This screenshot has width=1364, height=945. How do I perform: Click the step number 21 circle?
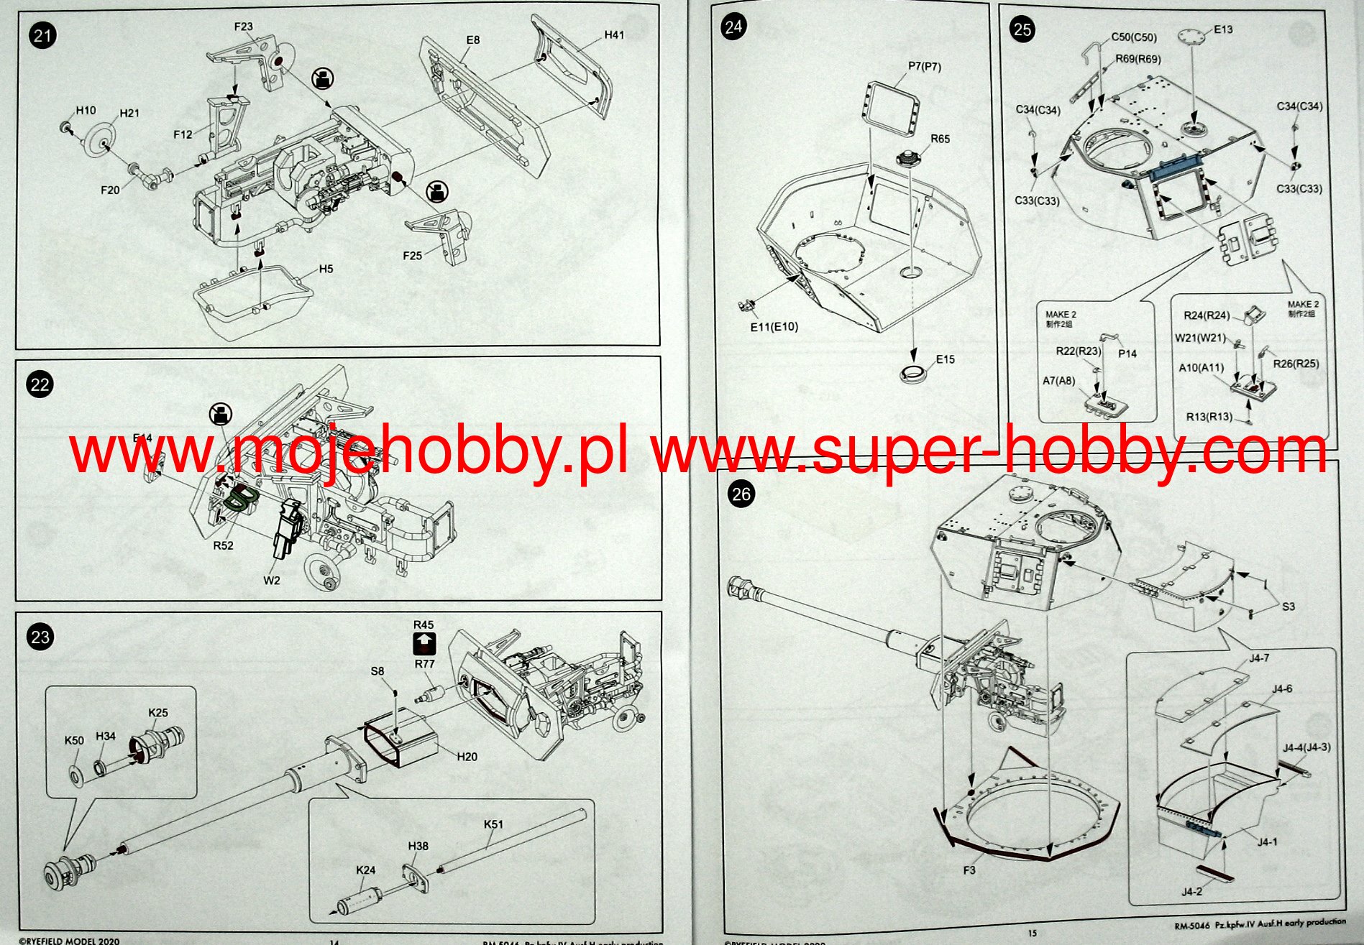point(43,35)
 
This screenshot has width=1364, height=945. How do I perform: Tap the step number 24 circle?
point(733,27)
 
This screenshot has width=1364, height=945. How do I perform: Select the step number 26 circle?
point(741,494)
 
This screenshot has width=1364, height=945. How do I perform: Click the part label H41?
point(614,35)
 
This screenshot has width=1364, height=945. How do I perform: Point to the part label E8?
point(472,40)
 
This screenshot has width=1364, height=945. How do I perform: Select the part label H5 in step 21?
point(326,269)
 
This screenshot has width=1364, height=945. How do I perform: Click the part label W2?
point(272,580)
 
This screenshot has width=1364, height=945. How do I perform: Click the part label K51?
point(493,824)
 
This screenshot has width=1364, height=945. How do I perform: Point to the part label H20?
point(467,757)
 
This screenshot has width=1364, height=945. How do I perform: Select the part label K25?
point(158,713)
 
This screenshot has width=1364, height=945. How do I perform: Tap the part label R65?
point(940,139)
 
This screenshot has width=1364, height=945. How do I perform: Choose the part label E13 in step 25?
point(1223,29)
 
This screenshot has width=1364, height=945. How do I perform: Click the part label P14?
point(1127,354)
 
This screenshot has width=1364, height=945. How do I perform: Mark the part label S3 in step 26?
point(1288,607)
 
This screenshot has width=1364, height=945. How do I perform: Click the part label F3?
point(969,870)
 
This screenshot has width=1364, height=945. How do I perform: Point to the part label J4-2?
point(1191,892)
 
